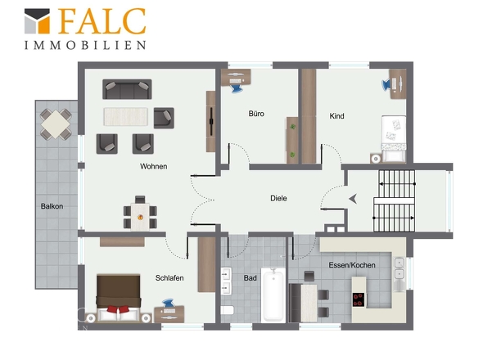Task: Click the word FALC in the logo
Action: click(102, 21)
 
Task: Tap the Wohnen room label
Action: click(153, 166)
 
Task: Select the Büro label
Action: click(256, 114)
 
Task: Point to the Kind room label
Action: click(336, 116)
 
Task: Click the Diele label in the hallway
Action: click(278, 198)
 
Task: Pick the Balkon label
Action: click(52, 206)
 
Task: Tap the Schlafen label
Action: click(169, 278)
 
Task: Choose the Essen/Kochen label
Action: click(352, 265)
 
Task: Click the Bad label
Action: click(251, 278)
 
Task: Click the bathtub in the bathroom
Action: click(273, 295)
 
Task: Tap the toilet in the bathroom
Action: click(228, 310)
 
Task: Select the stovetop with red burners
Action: click(359, 299)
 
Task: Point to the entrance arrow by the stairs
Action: click(353, 199)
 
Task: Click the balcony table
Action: click(56, 124)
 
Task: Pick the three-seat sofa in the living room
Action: click(127, 89)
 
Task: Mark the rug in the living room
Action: click(125, 117)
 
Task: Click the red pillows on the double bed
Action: click(118, 309)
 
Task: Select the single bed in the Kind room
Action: click(394, 138)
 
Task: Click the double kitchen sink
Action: click(399, 268)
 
